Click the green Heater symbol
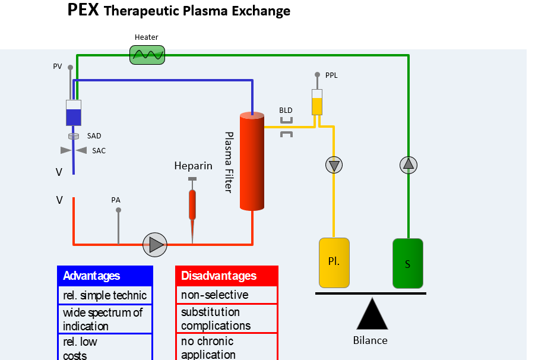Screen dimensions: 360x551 (x=147, y=55)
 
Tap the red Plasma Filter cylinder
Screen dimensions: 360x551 (x=252, y=162)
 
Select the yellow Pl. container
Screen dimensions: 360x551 (x=334, y=263)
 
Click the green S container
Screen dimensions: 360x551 (x=408, y=263)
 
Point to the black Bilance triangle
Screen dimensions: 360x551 (x=372, y=314)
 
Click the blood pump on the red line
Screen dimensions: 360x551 (x=155, y=244)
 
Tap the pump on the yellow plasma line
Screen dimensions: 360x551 (x=334, y=165)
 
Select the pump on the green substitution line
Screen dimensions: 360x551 (x=408, y=165)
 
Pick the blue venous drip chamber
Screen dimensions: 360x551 (x=74, y=113)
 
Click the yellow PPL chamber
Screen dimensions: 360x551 (x=317, y=102)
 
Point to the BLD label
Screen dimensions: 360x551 (x=286, y=110)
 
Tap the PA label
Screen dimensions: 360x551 (x=116, y=200)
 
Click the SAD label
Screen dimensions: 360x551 (x=94, y=136)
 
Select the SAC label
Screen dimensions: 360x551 (x=99, y=151)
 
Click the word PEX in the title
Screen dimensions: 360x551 (x=83, y=10)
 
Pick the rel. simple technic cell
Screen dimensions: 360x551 (x=105, y=295)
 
